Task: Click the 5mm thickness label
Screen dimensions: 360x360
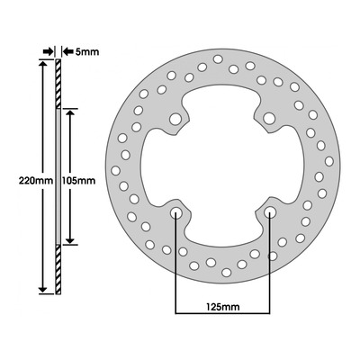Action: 87,52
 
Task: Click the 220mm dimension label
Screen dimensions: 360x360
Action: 36,181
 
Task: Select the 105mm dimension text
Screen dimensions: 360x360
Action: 78,181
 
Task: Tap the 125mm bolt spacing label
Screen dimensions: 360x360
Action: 222,307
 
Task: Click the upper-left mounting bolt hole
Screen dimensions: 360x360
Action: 175,119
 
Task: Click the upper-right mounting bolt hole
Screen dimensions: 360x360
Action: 269,118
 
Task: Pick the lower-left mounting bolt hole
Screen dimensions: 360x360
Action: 176,213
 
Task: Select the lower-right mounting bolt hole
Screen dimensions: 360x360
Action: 270,212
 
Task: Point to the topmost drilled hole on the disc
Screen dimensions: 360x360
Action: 218,59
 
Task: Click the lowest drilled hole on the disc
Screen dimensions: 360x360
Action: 227,273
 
